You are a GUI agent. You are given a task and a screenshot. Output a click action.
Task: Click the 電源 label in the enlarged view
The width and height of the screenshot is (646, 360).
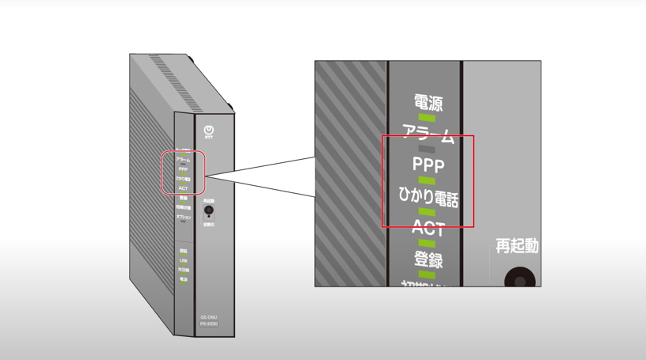[x=427, y=103]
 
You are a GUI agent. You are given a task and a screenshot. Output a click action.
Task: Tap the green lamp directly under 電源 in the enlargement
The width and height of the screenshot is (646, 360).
[x=427, y=118]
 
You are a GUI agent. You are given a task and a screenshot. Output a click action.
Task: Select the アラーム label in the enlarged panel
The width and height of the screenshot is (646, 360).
[x=427, y=134]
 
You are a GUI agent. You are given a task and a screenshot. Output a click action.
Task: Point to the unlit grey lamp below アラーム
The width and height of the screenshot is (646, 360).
[x=427, y=149]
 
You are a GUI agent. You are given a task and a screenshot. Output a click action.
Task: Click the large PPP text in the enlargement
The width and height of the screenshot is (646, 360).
[x=427, y=165]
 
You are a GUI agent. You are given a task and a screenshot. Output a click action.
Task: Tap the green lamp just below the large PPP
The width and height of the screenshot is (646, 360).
[x=427, y=181]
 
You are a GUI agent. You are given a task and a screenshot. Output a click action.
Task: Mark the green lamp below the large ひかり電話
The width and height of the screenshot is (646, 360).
[x=427, y=213]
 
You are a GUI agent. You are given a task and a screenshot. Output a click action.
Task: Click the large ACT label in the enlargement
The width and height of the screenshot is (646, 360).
[x=427, y=229]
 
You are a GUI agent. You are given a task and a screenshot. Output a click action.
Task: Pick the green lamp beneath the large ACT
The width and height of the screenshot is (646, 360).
[x=427, y=244]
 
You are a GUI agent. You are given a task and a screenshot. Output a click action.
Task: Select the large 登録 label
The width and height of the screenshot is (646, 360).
[x=427, y=260]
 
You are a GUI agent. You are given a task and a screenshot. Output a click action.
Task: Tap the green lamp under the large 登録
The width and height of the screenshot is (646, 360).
[x=427, y=275]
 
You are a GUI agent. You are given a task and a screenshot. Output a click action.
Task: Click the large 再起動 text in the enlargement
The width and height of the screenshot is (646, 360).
[x=517, y=246]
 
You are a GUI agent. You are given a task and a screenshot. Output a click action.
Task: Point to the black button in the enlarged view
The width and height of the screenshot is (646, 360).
[x=520, y=278]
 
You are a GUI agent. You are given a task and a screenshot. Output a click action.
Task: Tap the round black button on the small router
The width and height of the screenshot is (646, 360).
[x=209, y=212]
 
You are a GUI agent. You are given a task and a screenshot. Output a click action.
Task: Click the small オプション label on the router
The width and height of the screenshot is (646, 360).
[x=183, y=217]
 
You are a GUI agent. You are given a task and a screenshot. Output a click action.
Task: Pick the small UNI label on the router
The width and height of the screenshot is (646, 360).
[x=183, y=260]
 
